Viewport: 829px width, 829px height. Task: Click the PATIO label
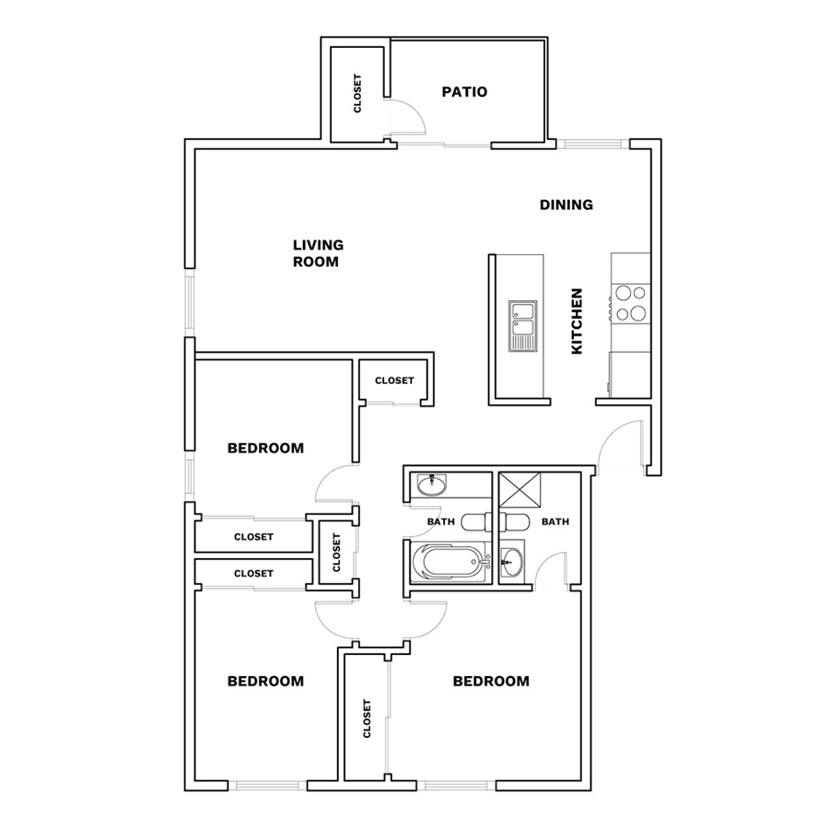point(464,92)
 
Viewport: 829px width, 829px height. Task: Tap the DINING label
point(566,204)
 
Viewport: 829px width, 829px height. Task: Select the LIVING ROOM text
point(318,253)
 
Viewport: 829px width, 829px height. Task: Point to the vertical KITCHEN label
point(577,321)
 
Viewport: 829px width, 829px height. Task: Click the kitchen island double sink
point(522,326)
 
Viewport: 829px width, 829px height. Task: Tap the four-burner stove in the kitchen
point(630,303)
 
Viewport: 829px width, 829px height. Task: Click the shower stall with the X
point(520,490)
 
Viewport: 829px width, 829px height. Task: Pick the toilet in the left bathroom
point(476,522)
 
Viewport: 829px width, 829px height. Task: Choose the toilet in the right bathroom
point(514,522)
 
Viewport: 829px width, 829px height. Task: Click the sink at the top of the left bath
point(432,485)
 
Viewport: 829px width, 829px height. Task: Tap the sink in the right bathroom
point(511,561)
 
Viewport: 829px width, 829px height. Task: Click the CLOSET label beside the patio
point(357,93)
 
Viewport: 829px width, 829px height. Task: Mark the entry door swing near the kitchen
point(620,443)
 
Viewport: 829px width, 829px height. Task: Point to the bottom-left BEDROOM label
point(265,681)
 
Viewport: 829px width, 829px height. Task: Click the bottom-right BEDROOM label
point(491,681)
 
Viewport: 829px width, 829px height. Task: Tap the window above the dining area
point(592,144)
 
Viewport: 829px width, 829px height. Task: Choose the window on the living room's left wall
point(189,302)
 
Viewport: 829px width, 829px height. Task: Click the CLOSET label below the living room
point(394,380)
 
